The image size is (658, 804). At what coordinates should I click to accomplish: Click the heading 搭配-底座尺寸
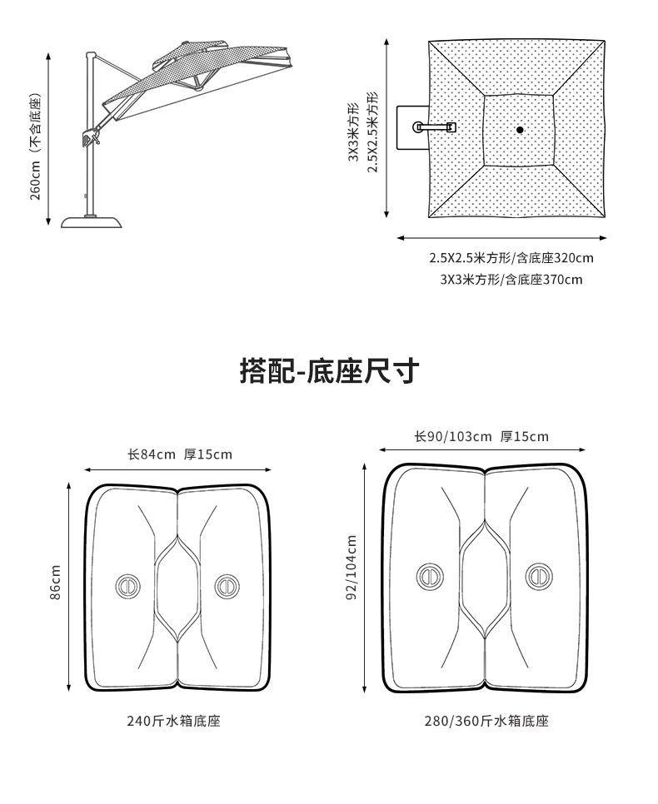[328, 371]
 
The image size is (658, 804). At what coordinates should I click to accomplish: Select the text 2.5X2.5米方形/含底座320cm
[511, 258]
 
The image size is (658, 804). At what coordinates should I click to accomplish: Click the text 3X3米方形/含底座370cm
[511, 280]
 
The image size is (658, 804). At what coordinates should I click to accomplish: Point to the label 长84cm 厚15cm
[179, 454]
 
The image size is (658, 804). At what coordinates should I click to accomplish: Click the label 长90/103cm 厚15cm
[481, 437]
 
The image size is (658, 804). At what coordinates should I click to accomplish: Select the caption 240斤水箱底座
[173, 721]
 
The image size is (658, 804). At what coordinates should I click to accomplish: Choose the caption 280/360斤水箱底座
[486, 721]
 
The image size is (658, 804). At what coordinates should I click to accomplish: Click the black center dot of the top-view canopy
[520, 130]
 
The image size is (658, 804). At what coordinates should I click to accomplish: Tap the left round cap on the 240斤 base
[127, 586]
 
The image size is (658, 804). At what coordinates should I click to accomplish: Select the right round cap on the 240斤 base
[226, 586]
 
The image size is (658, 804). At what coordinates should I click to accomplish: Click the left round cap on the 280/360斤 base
[430, 576]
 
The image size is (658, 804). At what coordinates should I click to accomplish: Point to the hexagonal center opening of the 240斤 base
[177, 588]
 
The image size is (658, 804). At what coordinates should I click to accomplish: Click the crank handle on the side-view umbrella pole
[89, 137]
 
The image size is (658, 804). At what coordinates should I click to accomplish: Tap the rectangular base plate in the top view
[411, 127]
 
